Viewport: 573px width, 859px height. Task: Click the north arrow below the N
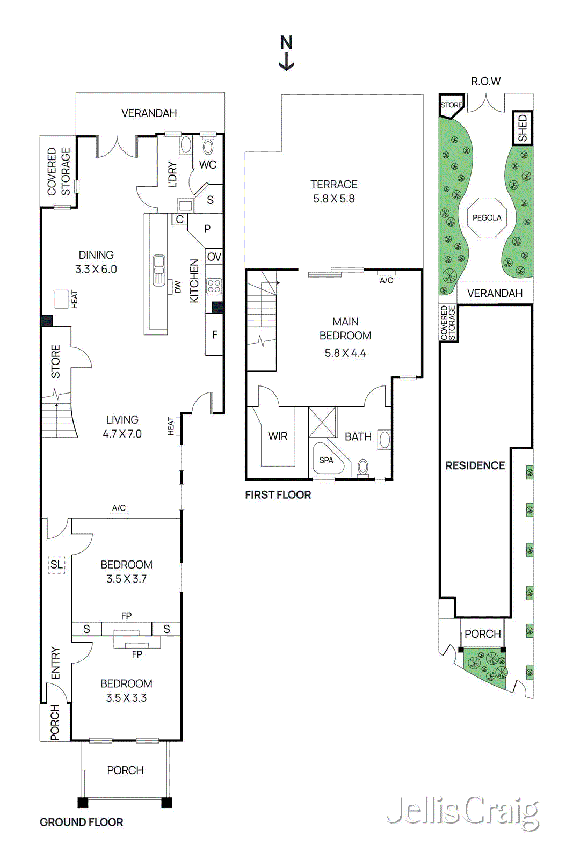point(286,62)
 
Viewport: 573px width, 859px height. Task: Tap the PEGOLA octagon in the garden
point(487,217)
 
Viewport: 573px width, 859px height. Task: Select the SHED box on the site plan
point(523,128)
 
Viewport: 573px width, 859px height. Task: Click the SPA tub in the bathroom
point(329,460)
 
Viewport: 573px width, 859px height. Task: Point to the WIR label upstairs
point(278,436)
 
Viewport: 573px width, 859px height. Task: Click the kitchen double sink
point(159,271)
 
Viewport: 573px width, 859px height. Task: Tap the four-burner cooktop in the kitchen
point(214,286)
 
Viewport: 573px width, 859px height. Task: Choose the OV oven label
point(214,257)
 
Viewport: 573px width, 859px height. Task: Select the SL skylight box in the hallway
point(56,564)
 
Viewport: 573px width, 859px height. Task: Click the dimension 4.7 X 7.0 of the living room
point(122,434)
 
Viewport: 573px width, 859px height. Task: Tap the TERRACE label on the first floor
point(333,185)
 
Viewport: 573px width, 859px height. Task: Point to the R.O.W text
point(485,81)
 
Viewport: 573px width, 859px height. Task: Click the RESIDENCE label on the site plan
point(475,465)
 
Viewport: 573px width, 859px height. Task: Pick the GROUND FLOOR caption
point(81,822)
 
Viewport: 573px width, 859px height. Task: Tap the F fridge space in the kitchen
point(214,334)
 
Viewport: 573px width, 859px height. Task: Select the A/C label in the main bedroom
point(386,280)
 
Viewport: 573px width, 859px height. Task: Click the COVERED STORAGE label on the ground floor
point(59,171)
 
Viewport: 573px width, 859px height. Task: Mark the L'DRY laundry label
point(172,174)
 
